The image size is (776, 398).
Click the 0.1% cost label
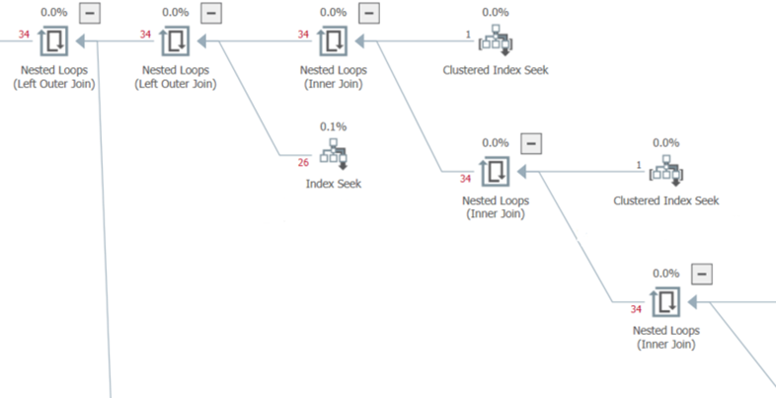pyautogui.click(x=334, y=126)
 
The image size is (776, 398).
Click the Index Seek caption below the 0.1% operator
pyautogui.click(x=334, y=184)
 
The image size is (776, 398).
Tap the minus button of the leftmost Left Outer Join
pyautogui.click(x=91, y=14)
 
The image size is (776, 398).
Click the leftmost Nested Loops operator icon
pyautogui.click(x=54, y=41)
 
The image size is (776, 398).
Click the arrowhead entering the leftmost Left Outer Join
pyautogui.click(x=84, y=41)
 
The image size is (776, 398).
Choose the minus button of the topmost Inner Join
pyautogui.click(x=368, y=14)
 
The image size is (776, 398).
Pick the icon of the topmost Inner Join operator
pyautogui.click(x=335, y=41)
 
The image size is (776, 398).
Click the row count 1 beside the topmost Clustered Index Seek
pyautogui.click(x=469, y=35)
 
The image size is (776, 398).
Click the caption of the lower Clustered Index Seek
pyautogui.click(x=666, y=200)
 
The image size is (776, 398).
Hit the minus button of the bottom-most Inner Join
pyautogui.click(x=701, y=274)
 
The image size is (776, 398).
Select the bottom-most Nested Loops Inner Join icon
pyautogui.click(x=666, y=300)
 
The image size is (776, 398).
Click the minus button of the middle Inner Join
pyautogui.click(x=530, y=144)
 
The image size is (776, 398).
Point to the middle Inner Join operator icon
pyautogui.click(x=496, y=171)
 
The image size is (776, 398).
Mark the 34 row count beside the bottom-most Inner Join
pyautogui.click(x=637, y=309)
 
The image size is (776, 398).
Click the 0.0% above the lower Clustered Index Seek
pyautogui.click(x=666, y=144)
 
